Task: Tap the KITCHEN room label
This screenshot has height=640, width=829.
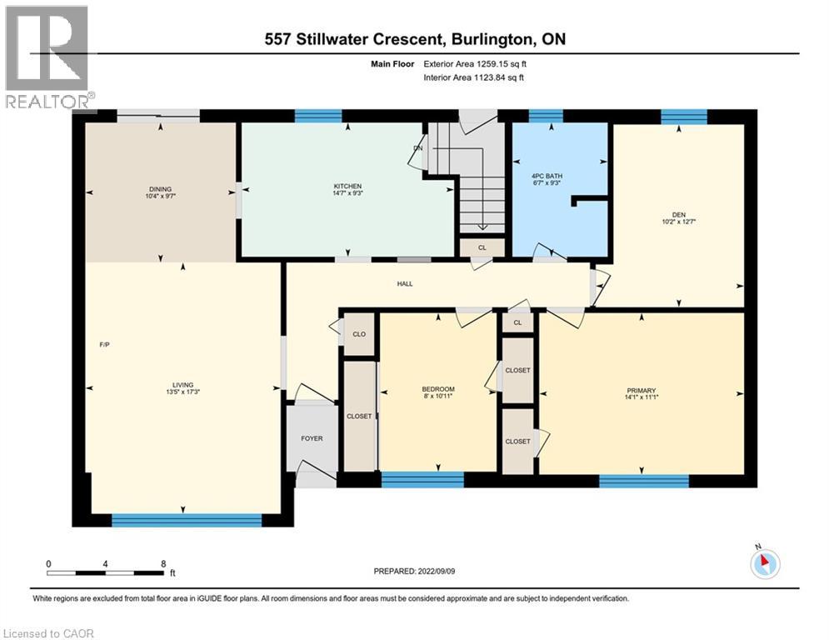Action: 347,186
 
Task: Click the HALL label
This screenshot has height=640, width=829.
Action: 405,284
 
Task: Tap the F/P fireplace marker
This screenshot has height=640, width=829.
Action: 102,344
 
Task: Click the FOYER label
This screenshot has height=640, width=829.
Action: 312,438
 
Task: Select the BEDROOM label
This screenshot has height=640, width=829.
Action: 437,390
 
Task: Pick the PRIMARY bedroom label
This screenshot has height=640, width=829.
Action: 642,390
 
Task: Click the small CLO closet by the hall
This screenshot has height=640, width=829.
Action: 359,333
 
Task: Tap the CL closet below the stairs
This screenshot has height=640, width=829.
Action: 482,247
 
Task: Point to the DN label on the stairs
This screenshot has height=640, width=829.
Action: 418,149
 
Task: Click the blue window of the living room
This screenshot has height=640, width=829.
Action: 187,520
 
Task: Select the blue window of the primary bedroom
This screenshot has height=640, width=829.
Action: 643,481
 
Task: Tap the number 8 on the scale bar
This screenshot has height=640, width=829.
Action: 162,563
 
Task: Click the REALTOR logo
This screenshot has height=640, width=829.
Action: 47,57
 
